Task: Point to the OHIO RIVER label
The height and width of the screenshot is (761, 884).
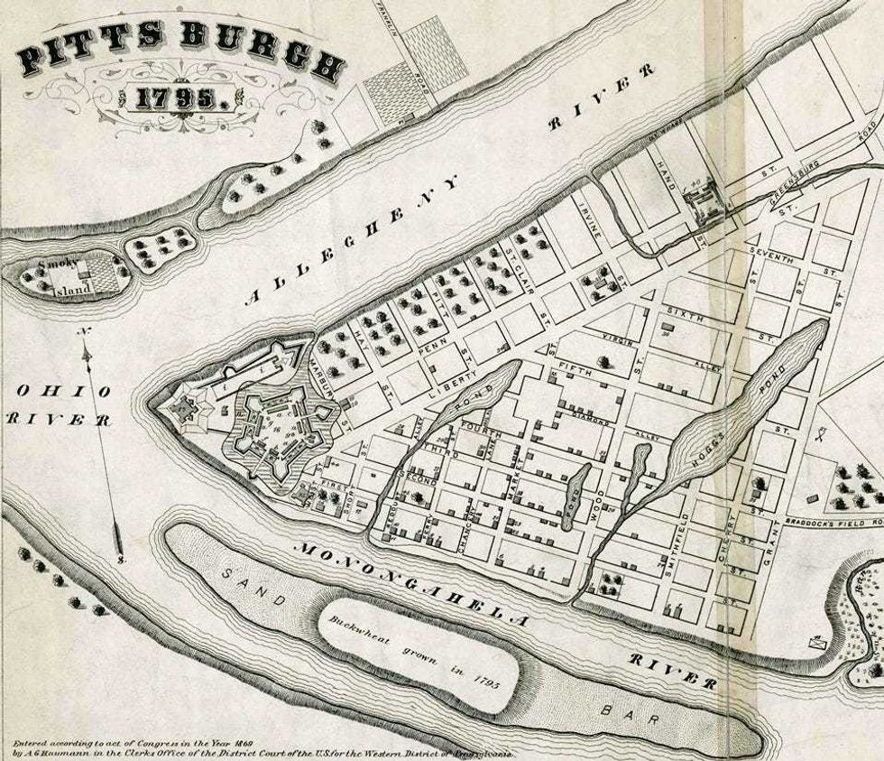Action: pyautogui.click(x=58, y=405)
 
